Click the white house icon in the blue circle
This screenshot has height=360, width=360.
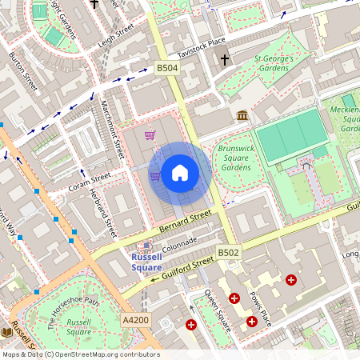tap(180, 173)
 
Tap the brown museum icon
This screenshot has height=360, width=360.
tap(242, 116)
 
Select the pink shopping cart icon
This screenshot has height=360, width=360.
tap(150, 135)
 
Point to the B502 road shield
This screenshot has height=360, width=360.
tap(228, 253)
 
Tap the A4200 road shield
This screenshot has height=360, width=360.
tap(135, 320)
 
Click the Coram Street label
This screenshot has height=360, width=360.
tap(89, 183)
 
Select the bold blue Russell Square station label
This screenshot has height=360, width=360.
tap(146, 262)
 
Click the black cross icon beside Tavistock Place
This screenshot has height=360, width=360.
tap(224, 59)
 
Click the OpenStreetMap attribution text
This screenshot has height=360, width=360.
tap(80, 354)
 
